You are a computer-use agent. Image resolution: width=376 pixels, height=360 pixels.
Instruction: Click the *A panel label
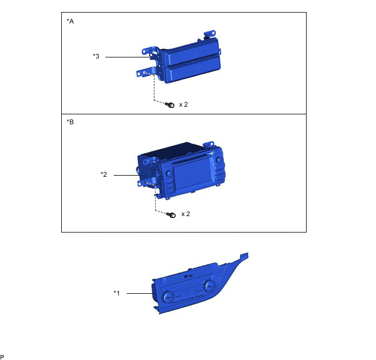[70, 21]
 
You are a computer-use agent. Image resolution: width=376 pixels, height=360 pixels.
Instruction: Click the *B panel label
[70, 123]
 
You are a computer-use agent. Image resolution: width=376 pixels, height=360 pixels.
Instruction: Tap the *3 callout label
[96, 56]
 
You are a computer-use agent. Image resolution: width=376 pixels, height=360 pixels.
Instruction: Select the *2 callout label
[104, 175]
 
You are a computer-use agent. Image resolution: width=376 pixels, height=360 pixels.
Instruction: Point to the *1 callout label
[116, 293]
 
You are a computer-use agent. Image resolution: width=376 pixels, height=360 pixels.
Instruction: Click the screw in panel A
[171, 104]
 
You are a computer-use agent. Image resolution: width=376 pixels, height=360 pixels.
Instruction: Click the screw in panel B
[171, 214]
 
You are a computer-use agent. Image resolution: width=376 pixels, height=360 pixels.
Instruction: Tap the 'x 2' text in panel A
[184, 104]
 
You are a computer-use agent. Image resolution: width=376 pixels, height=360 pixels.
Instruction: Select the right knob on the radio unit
[218, 161]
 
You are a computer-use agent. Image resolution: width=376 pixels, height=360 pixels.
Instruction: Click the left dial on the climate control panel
[168, 296]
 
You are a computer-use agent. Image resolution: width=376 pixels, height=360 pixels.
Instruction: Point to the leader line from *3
[126, 57]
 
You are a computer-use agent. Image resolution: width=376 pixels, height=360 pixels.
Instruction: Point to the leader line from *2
[130, 175]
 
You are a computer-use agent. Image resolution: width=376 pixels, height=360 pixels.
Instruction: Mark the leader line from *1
[139, 294]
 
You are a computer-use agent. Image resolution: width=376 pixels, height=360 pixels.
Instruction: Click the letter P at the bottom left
[3, 356]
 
